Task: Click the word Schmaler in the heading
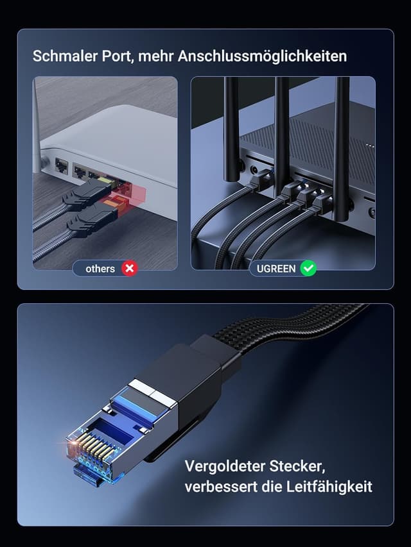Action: [62, 56]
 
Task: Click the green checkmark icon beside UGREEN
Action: [308, 269]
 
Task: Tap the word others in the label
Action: [100, 269]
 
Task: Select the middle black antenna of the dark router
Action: [281, 128]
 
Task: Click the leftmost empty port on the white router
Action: [62, 165]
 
